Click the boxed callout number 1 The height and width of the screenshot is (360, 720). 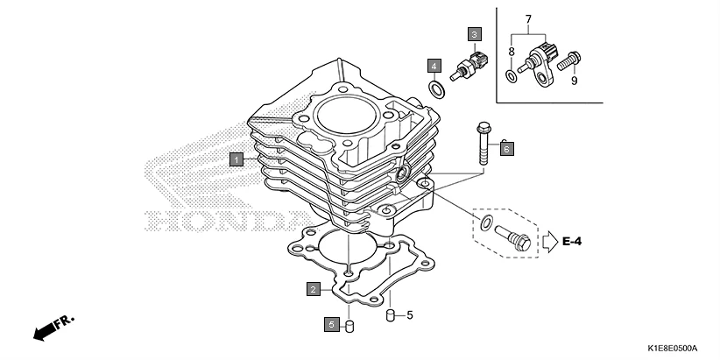(x=236, y=159)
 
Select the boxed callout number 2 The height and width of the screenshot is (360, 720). (x=312, y=288)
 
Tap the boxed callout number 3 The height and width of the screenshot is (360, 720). (x=474, y=35)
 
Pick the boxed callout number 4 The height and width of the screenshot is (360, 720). (x=434, y=66)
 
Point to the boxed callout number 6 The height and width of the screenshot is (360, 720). (x=506, y=149)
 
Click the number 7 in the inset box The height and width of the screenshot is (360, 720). (x=528, y=18)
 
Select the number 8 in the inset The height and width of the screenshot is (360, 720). (x=512, y=53)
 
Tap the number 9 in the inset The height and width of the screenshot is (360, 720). (x=575, y=81)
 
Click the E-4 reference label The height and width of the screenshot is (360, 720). (x=573, y=240)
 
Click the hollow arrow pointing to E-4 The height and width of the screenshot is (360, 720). (x=548, y=239)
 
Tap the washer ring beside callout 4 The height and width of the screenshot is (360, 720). (x=434, y=88)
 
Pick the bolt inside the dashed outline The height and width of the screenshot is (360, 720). (x=512, y=237)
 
